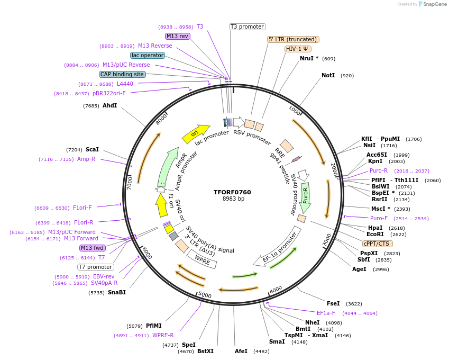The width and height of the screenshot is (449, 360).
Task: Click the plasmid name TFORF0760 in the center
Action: point(233,192)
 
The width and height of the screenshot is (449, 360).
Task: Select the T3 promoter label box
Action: point(247,26)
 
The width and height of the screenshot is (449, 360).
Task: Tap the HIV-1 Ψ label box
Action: point(298,49)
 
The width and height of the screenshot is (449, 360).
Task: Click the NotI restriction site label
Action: point(328,76)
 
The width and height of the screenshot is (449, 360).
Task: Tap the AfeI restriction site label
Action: point(241,351)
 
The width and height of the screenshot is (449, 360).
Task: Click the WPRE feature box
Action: point(201,258)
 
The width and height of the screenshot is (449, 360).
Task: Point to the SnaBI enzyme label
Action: point(117,292)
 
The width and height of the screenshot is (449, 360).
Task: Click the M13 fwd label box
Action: point(92,248)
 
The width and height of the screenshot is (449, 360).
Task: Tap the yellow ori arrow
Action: point(195,134)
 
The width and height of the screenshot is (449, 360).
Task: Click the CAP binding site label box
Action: point(122,74)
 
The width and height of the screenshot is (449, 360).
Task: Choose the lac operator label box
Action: point(147,55)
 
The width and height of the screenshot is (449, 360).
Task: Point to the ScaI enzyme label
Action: point(92,150)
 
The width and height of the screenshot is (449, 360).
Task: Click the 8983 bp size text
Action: point(233,199)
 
